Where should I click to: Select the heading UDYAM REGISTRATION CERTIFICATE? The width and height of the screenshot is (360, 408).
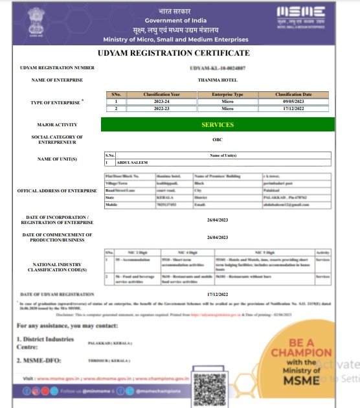click(x=173, y=53)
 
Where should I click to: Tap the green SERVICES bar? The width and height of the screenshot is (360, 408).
click(x=218, y=124)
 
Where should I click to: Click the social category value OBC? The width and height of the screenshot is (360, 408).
click(x=218, y=139)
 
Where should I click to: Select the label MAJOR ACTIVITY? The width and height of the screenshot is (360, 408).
click(x=57, y=124)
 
